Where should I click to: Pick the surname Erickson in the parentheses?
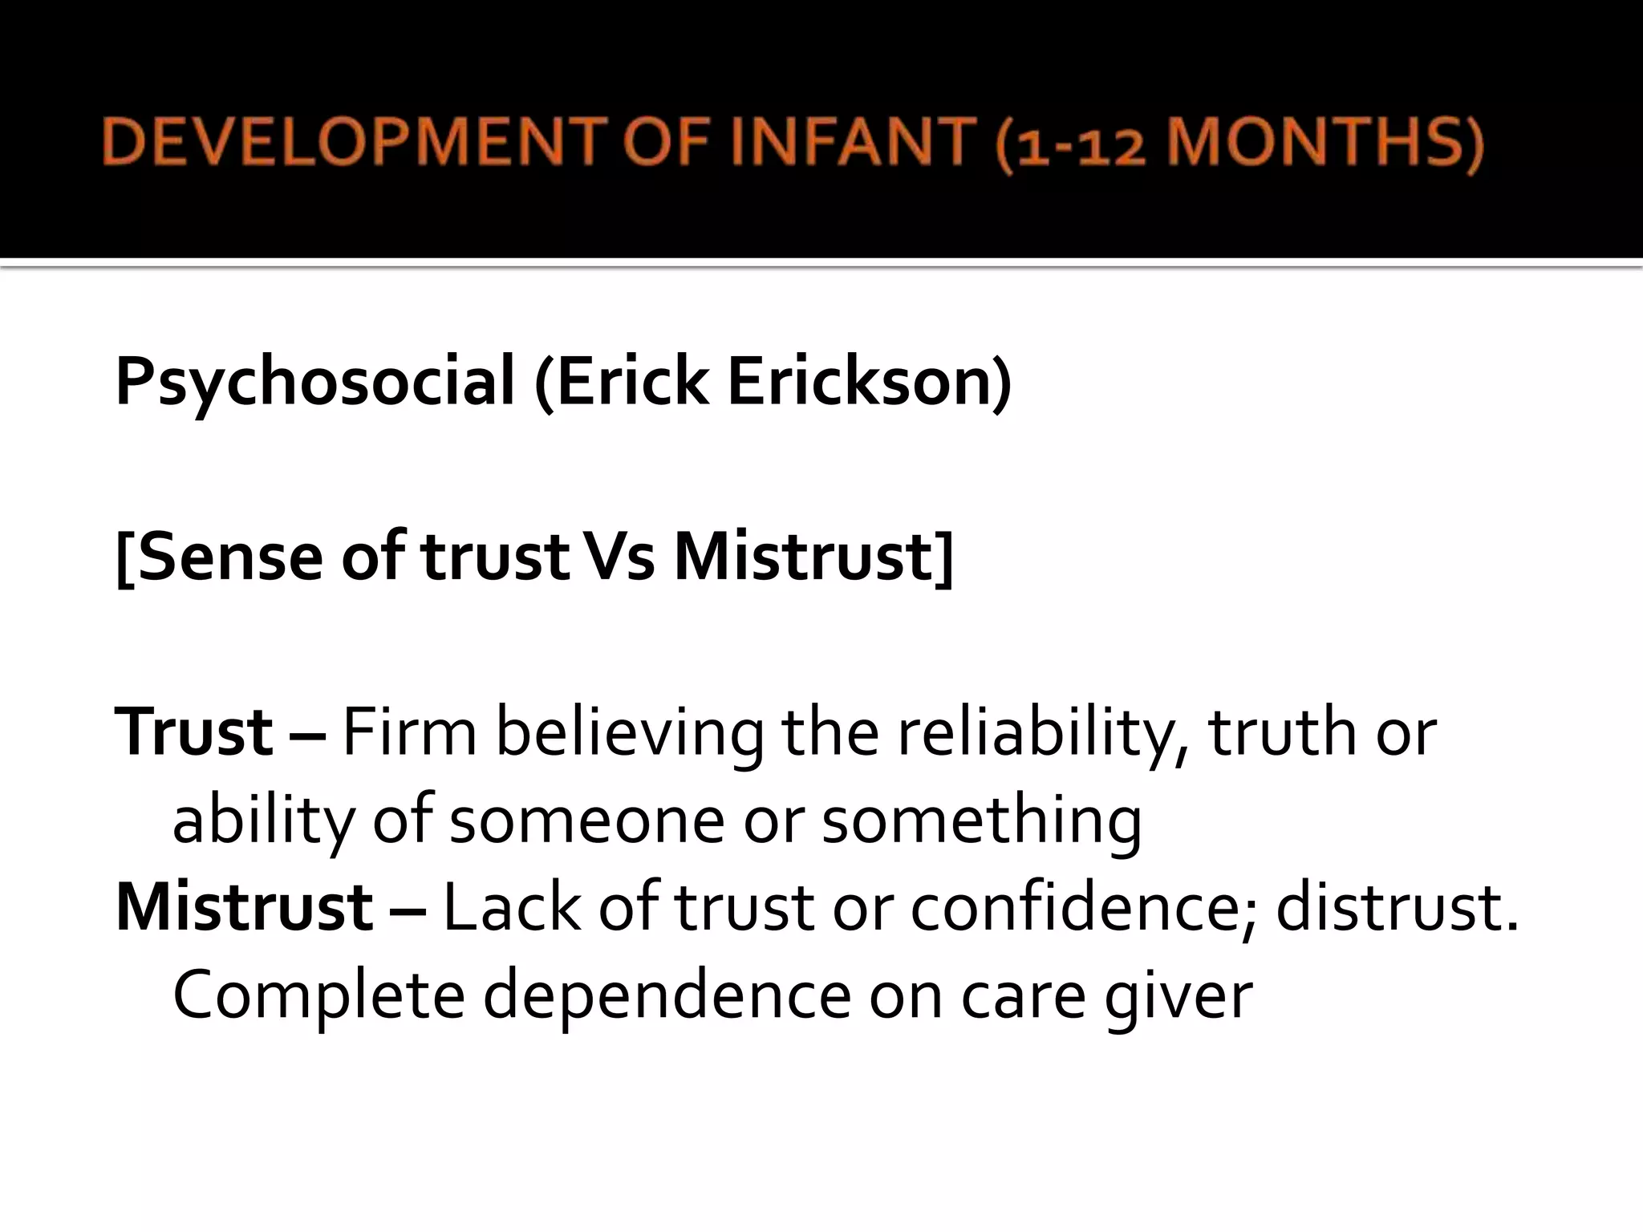[x=869, y=383]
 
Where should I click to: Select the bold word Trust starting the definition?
[x=194, y=731]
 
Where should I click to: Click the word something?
[x=981, y=822]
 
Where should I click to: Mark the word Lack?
[x=512, y=907]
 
